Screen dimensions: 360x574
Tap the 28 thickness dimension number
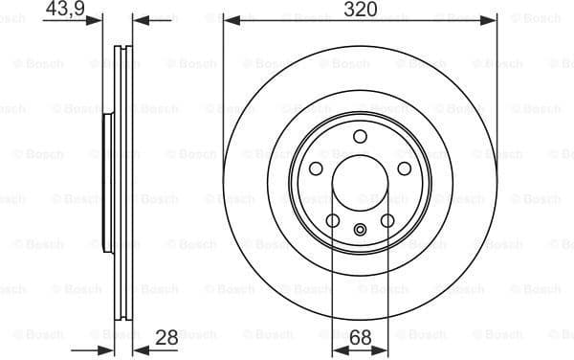(167, 337)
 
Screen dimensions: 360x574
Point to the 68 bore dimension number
(360, 337)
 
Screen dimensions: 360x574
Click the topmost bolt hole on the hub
(360, 136)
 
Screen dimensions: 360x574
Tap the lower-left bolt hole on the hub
(332, 221)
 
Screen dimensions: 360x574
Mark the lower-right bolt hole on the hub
(387, 221)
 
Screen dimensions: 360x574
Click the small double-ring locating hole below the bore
(360, 229)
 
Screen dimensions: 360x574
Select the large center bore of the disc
(360, 183)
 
